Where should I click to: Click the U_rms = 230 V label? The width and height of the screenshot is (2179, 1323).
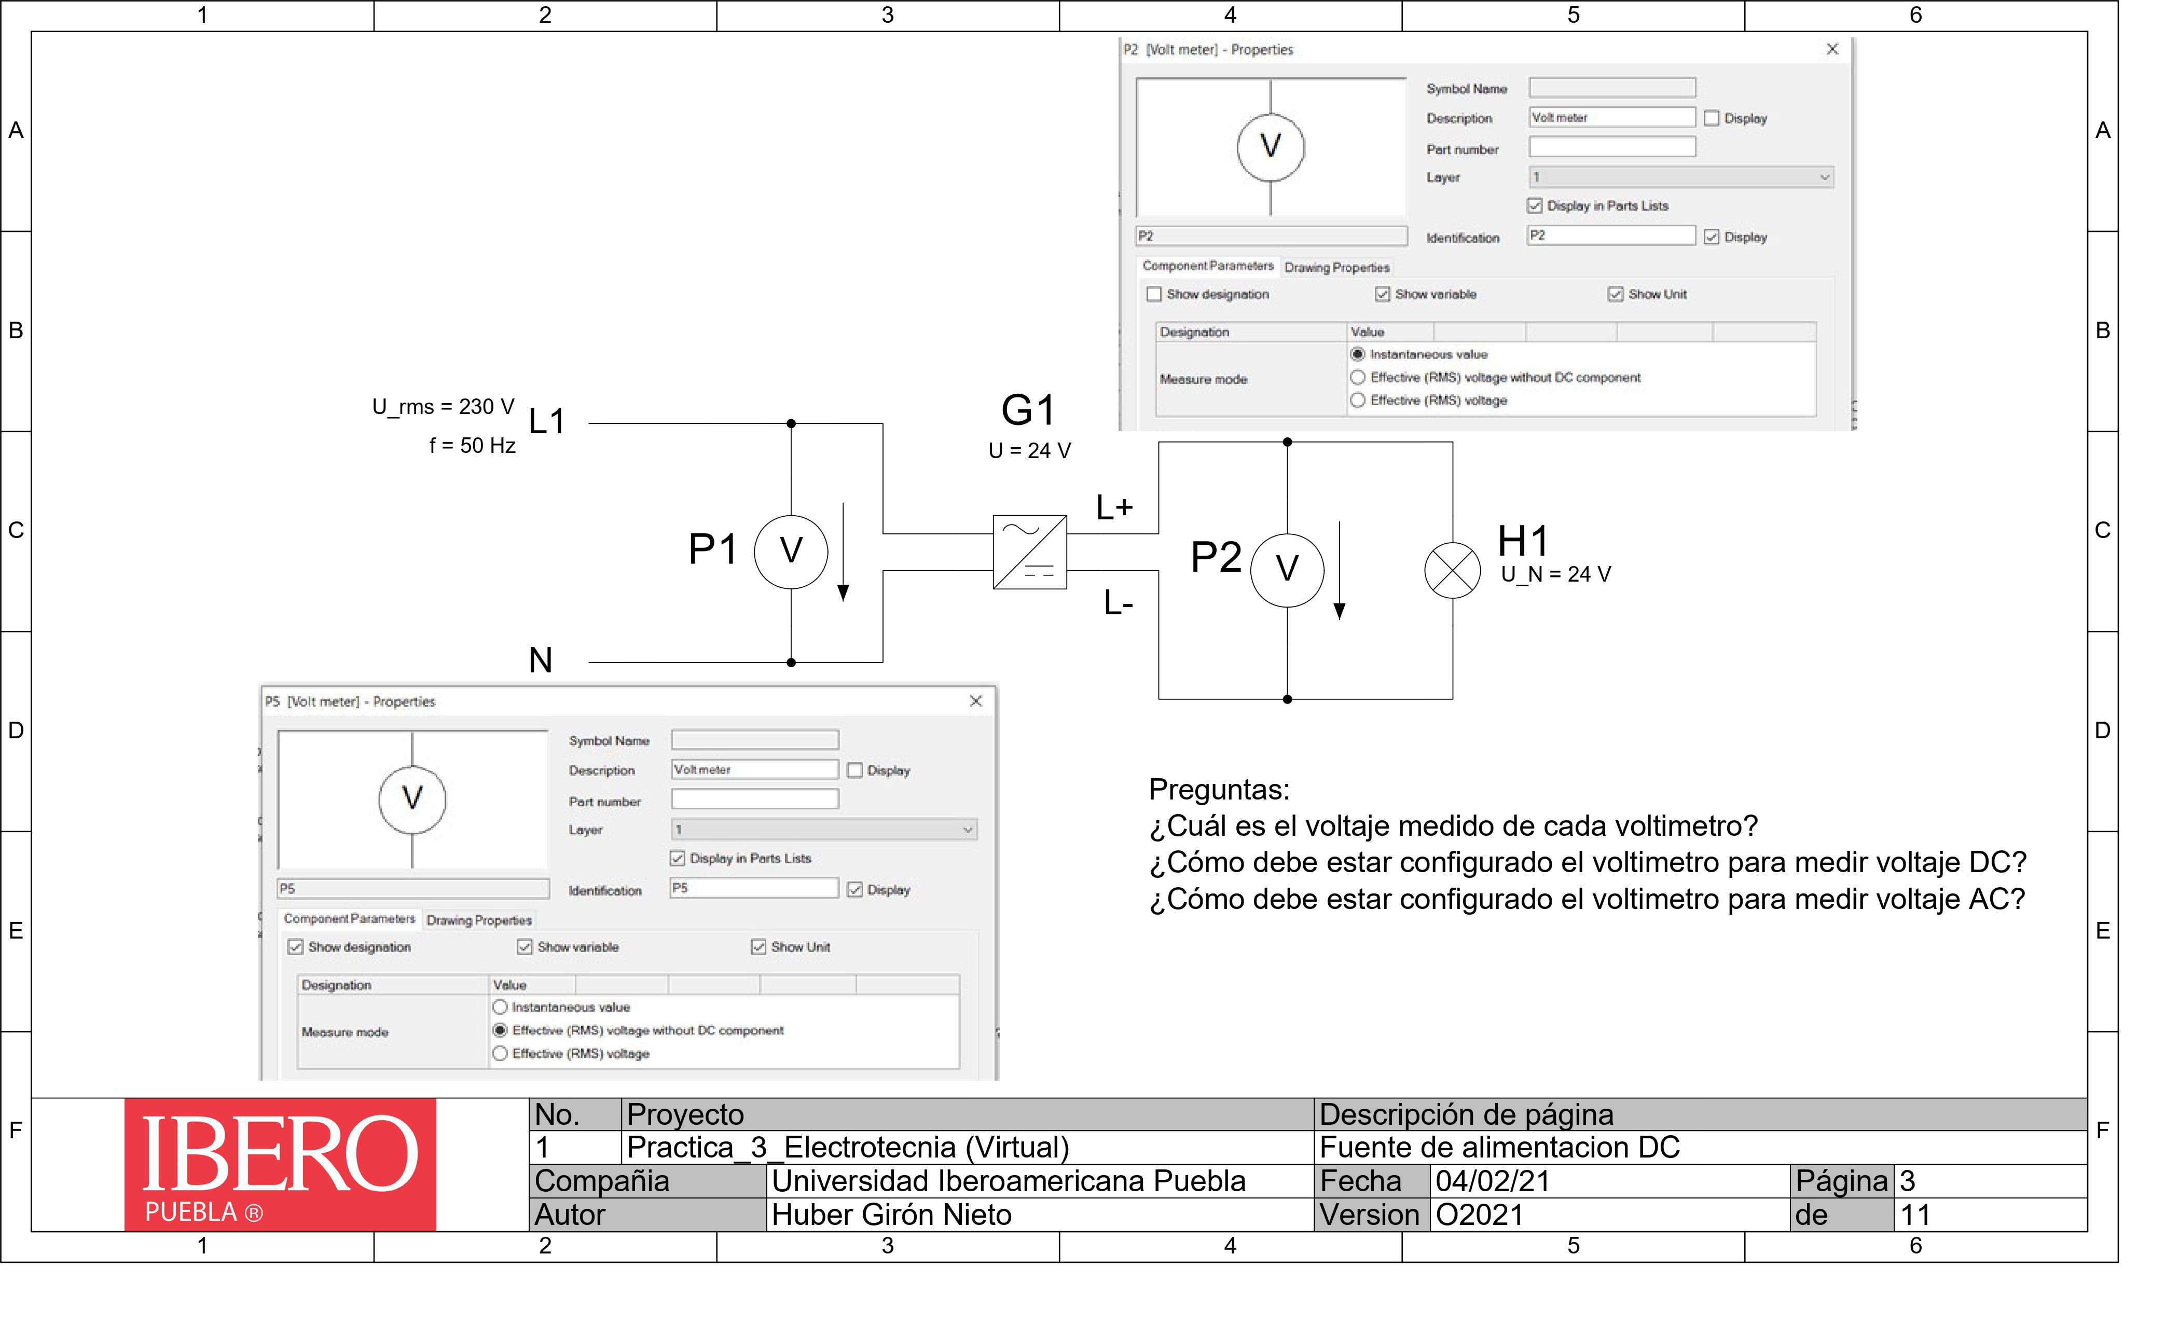click(x=443, y=407)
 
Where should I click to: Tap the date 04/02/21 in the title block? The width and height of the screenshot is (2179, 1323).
click(x=1493, y=1181)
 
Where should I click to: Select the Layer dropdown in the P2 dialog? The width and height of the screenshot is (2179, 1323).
click(x=1681, y=177)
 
